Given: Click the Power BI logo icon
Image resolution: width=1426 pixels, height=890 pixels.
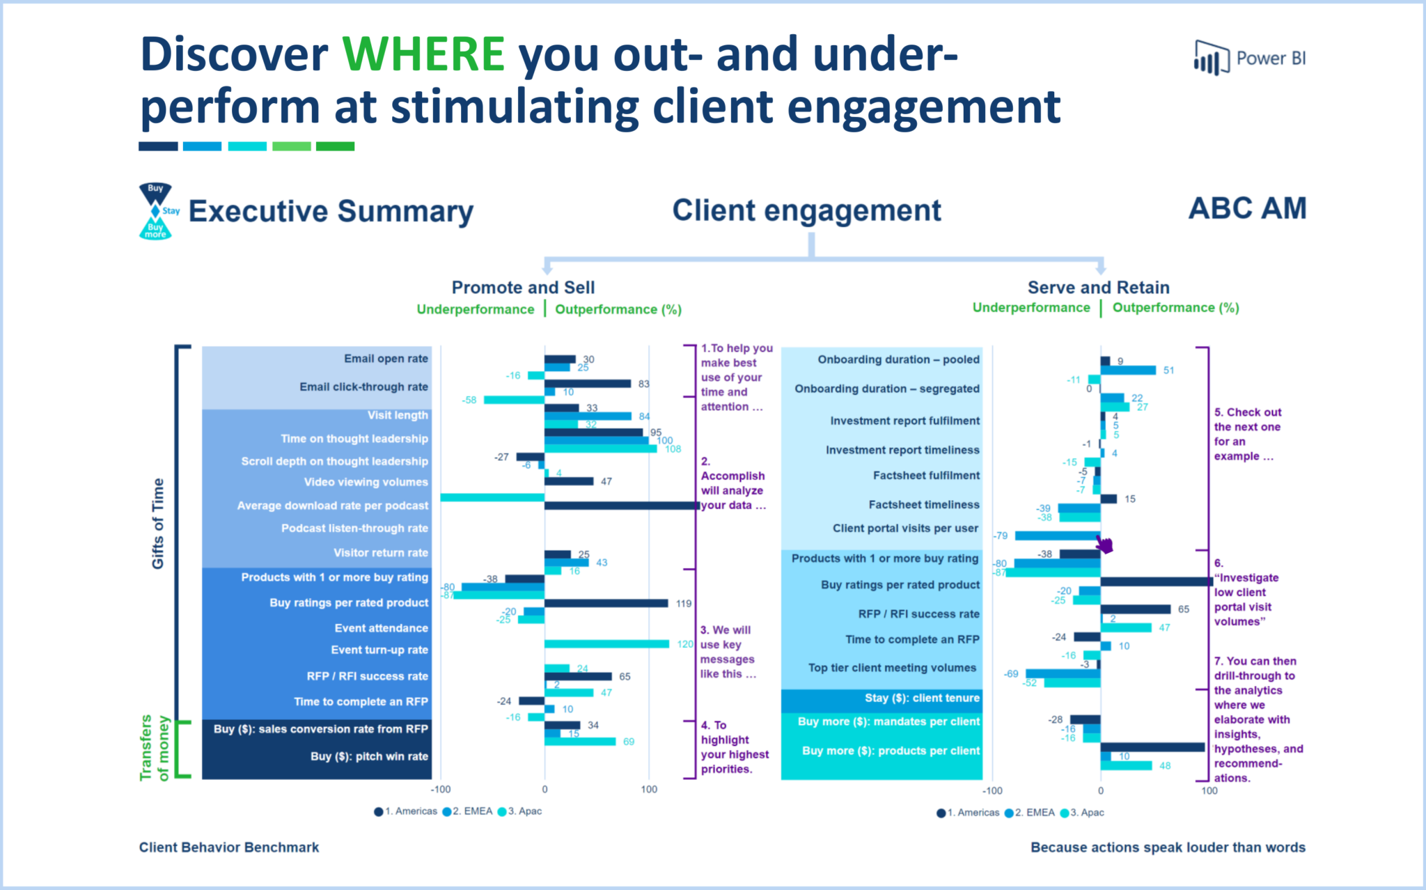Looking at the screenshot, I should [1210, 57].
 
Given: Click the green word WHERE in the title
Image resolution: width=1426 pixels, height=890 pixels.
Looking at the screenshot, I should [423, 54].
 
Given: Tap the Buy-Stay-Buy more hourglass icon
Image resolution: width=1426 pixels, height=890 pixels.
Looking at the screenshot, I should [156, 211].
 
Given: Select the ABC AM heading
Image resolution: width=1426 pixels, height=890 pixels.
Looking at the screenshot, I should [1247, 208].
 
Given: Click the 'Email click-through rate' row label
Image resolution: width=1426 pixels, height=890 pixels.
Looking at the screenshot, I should [363, 387].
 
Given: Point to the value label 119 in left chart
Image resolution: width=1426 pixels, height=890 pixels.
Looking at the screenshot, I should [683, 604].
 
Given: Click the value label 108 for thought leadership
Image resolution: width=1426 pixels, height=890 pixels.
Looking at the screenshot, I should [673, 449].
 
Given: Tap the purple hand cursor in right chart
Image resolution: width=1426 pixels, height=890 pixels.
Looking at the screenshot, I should [1104, 544].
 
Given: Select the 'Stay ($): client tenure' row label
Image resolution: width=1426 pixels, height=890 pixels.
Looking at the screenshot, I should [922, 698].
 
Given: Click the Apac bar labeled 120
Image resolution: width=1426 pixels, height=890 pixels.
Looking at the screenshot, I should [606, 643].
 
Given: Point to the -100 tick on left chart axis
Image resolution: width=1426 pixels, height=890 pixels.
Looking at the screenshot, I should [441, 790].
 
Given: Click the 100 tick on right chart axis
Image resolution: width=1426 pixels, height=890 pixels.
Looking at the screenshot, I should [1209, 790].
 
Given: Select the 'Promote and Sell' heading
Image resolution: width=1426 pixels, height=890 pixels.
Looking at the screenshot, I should [523, 288].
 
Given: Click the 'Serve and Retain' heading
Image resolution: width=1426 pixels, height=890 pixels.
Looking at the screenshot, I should [1098, 288].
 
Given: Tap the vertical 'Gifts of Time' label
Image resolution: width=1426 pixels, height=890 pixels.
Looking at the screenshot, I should [158, 523].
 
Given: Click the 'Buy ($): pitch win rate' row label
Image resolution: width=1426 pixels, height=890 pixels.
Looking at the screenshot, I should [369, 756].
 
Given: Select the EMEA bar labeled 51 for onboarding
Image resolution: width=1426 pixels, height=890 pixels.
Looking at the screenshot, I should [1128, 370].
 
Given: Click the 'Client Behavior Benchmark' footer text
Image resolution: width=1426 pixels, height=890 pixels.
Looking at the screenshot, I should [229, 848].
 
